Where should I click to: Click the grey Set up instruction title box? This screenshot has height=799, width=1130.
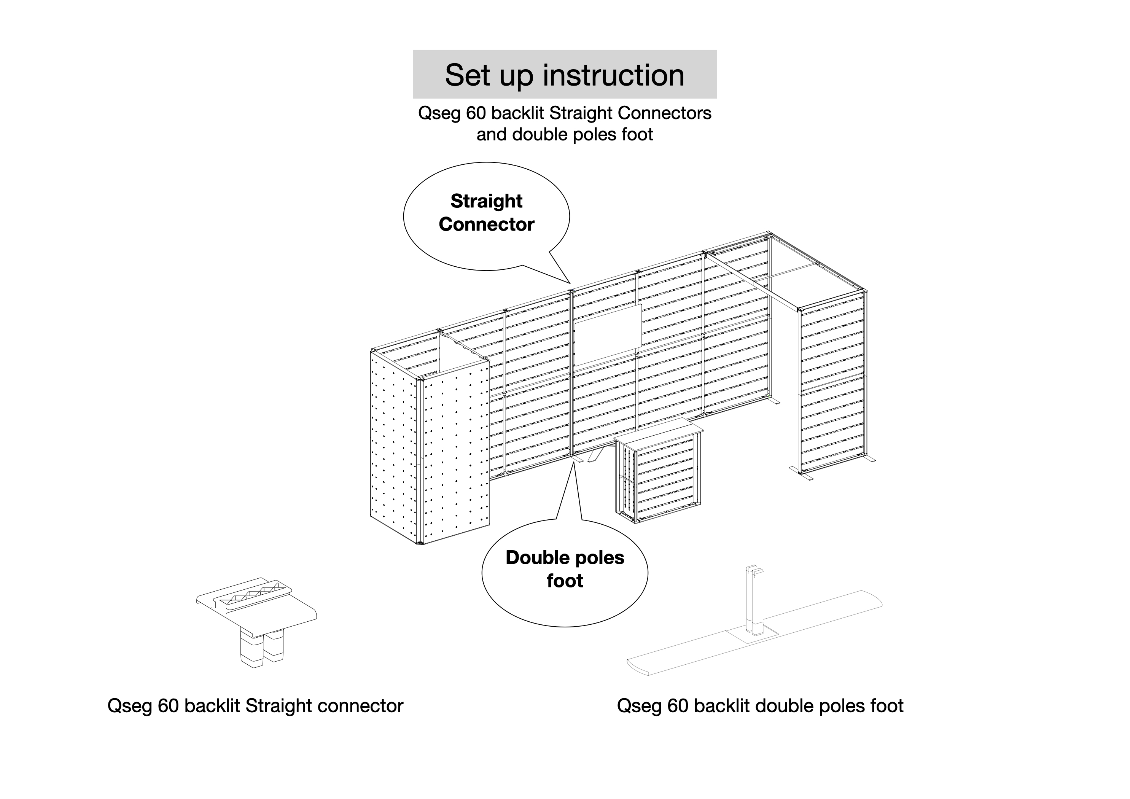(x=565, y=74)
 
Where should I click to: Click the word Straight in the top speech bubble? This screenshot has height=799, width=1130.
(x=486, y=201)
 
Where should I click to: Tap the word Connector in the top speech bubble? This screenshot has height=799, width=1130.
(x=486, y=224)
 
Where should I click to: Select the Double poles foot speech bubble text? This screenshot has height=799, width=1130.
(x=565, y=569)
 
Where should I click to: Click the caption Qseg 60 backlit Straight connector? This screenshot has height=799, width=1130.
(x=255, y=706)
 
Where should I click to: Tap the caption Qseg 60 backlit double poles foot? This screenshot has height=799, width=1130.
(x=760, y=706)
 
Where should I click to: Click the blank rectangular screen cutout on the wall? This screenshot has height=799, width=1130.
(x=608, y=335)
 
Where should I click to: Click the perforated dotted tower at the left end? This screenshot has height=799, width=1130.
(x=428, y=453)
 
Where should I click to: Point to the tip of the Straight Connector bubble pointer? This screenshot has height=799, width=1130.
(x=570, y=283)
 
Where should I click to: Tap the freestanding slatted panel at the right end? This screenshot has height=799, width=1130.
(x=832, y=384)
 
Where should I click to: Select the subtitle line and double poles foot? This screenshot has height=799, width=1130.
(x=565, y=134)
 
